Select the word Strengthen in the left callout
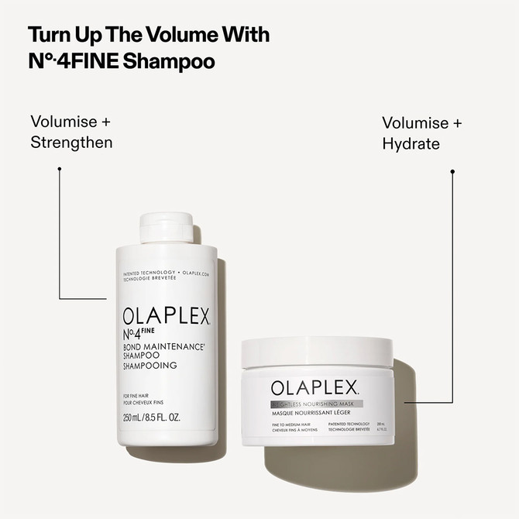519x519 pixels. [72, 143]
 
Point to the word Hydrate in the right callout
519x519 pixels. [411, 144]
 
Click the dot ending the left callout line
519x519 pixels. [59, 167]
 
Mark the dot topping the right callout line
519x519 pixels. [452, 170]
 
